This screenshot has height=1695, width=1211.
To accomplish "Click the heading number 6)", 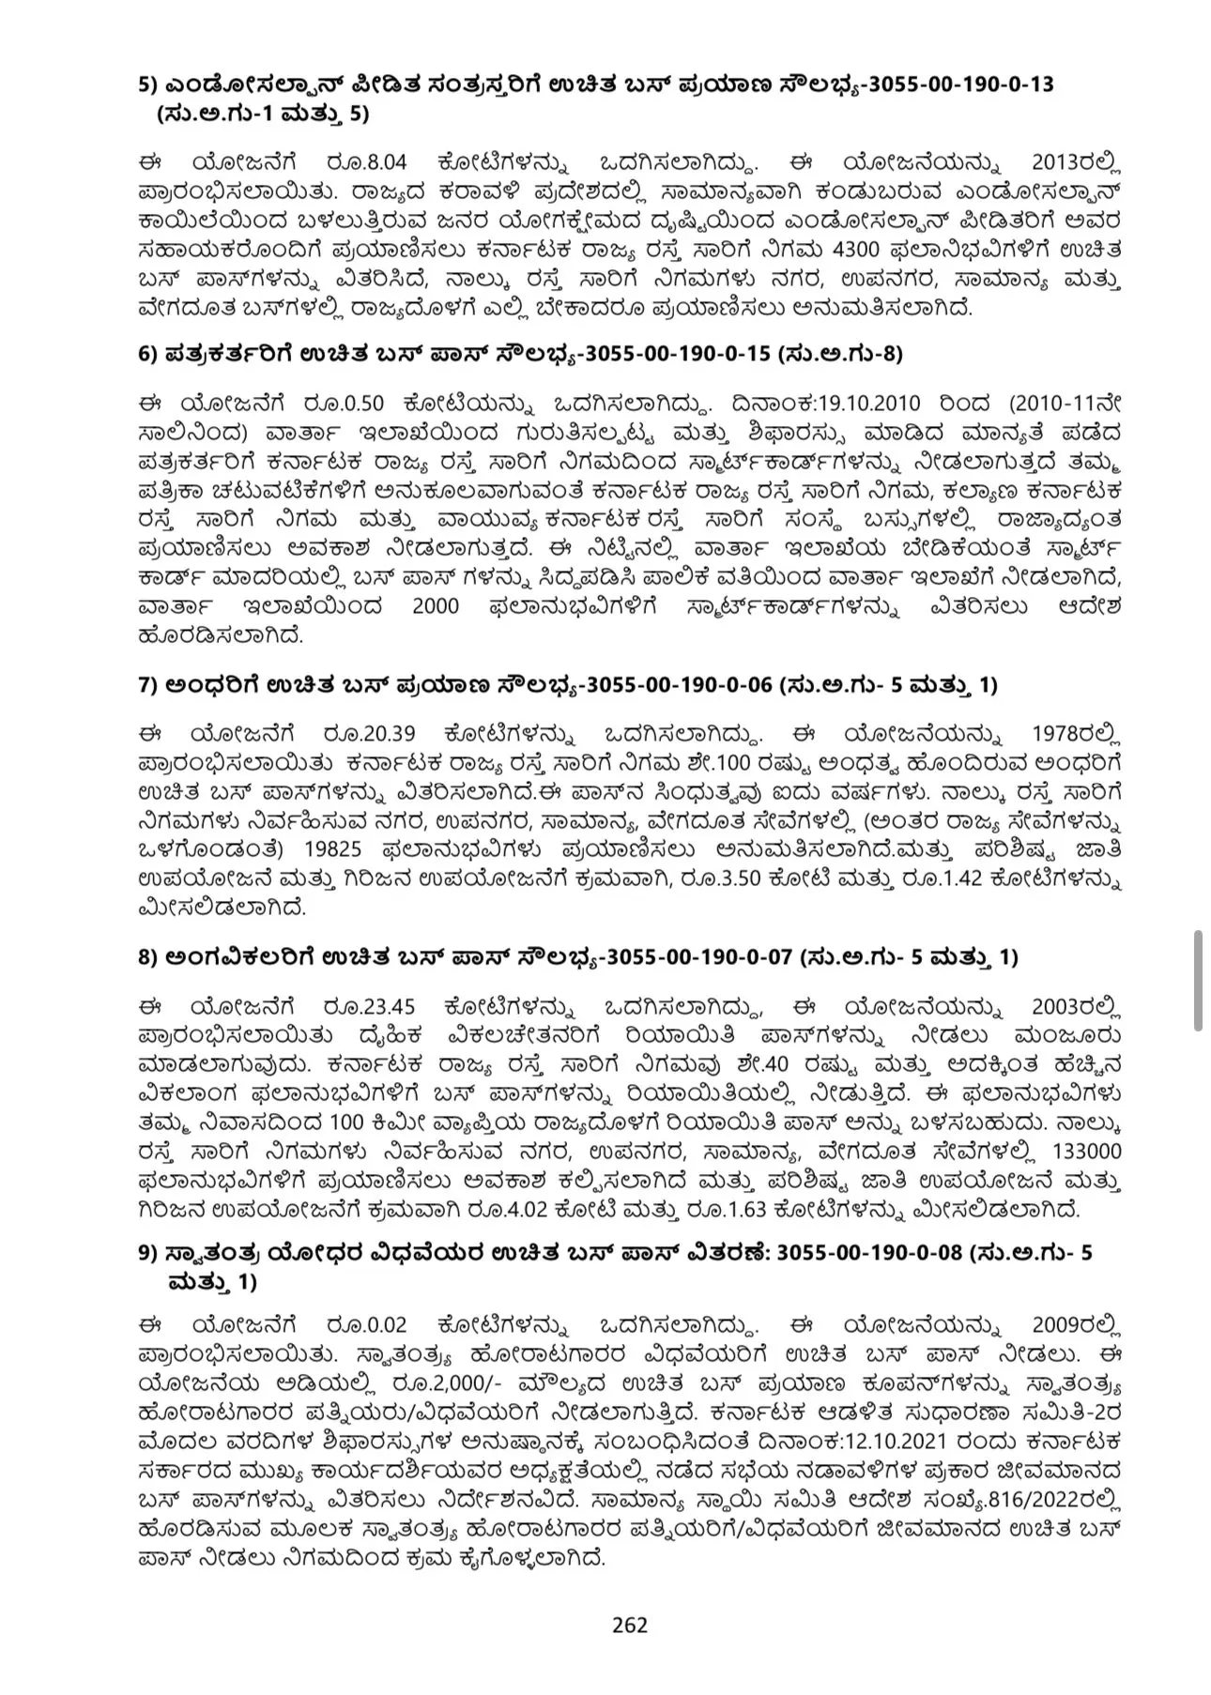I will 146,354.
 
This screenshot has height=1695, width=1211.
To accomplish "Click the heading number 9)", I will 146,1254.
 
